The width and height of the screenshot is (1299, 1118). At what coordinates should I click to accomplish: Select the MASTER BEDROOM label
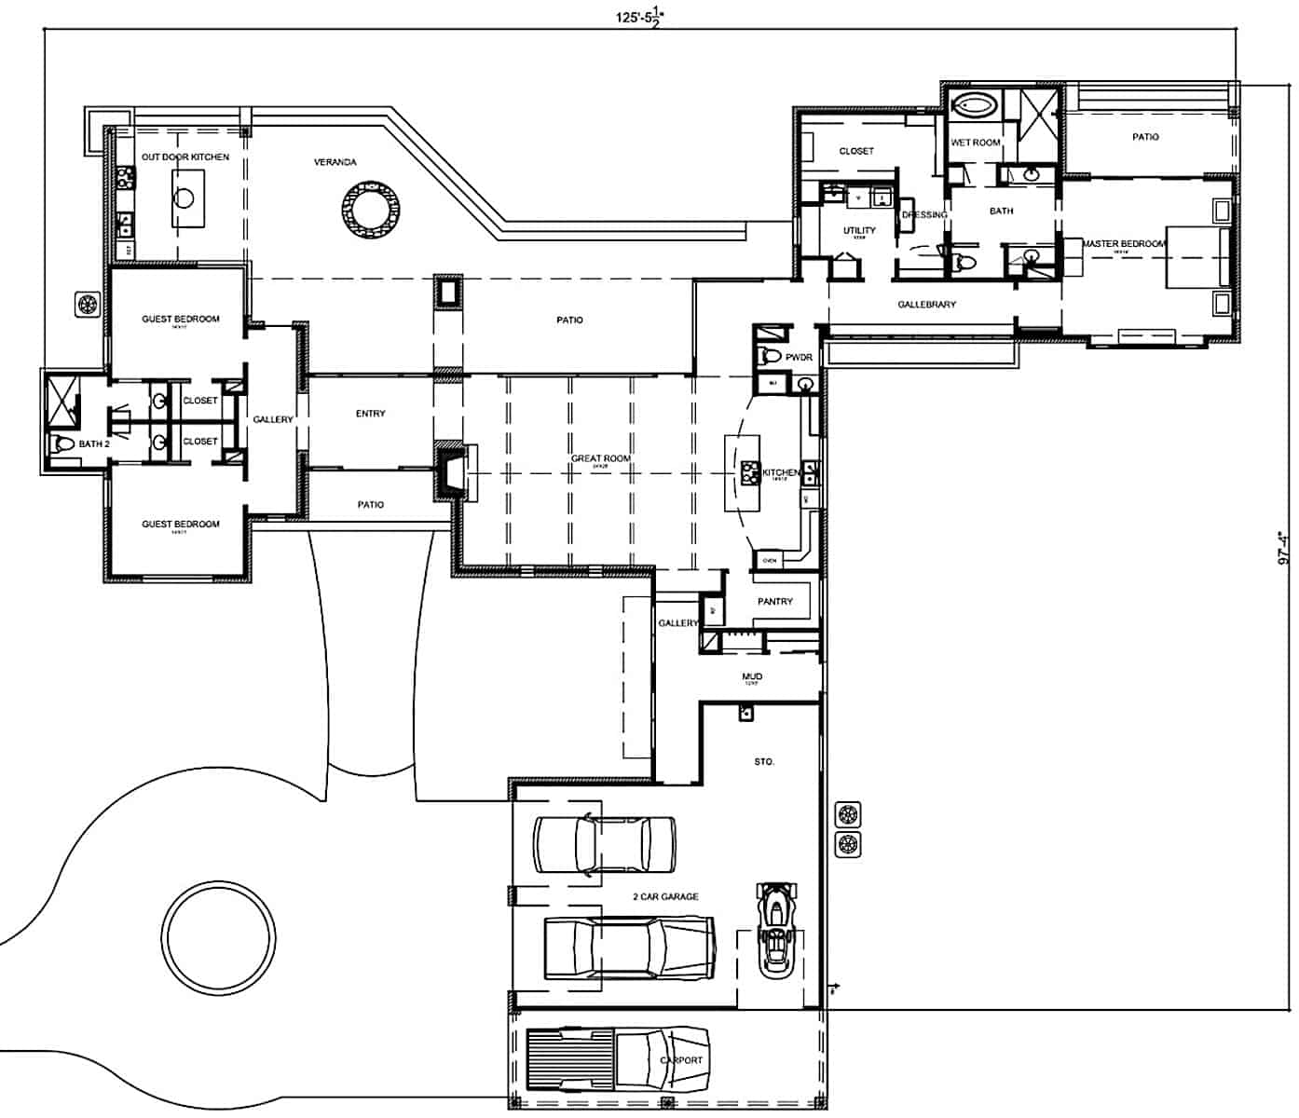coord(1124,244)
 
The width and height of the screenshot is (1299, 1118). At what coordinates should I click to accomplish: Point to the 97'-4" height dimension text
coord(1285,549)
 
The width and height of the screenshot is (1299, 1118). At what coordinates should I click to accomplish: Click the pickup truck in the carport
coord(615,1059)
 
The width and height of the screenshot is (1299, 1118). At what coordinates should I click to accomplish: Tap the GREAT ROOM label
coord(600,458)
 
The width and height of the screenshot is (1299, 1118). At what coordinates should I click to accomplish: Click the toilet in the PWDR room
coord(770,355)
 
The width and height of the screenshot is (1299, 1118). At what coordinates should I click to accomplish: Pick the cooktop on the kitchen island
coord(750,473)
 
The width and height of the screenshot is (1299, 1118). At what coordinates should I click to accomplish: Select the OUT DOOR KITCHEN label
coord(185,157)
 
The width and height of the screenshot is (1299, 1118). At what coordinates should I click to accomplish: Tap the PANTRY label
coord(774,602)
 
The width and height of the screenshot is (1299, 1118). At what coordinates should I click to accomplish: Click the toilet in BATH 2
coord(62,443)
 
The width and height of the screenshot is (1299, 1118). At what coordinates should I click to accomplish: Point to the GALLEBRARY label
coord(926,305)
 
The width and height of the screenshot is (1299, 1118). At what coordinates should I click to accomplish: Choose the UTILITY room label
coord(858,230)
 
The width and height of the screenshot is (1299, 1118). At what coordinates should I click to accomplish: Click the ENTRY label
coord(370,414)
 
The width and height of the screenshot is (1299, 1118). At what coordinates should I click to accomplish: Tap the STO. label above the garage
coord(763,761)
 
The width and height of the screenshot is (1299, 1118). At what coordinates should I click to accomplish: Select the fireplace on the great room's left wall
coord(452,472)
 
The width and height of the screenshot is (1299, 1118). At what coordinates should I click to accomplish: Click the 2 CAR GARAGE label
coord(665,896)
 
